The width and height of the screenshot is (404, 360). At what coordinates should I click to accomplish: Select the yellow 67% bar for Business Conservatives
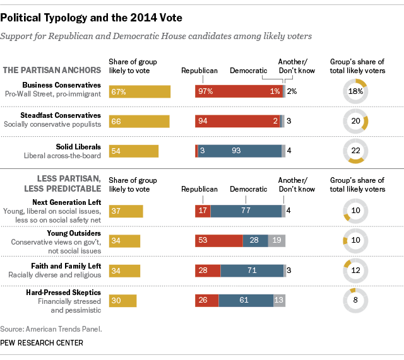[140, 91]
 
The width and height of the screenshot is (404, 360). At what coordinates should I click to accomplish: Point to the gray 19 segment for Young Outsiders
[277, 240]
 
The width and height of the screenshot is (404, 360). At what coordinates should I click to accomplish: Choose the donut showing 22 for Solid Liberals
[355, 151]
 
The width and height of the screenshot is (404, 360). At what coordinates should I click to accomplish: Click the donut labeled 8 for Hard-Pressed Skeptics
[355, 301]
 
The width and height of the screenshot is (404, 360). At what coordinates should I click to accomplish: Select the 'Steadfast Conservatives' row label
[70, 115]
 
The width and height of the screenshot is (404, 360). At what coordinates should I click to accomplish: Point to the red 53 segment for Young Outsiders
[218, 240]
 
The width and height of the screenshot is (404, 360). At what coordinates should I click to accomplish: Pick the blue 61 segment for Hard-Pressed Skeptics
[246, 301]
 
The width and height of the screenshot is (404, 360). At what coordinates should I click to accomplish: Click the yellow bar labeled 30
[122, 301]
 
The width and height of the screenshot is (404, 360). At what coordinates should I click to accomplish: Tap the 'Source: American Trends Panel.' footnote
[51, 328]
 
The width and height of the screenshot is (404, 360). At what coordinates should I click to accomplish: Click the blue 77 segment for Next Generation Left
[246, 211]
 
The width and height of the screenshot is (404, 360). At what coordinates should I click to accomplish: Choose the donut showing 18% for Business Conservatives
[355, 91]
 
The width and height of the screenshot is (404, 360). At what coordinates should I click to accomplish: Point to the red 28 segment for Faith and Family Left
[208, 270]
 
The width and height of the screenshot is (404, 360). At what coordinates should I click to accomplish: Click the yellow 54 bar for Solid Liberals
[133, 151]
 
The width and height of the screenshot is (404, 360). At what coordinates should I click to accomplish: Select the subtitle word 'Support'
[20, 36]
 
